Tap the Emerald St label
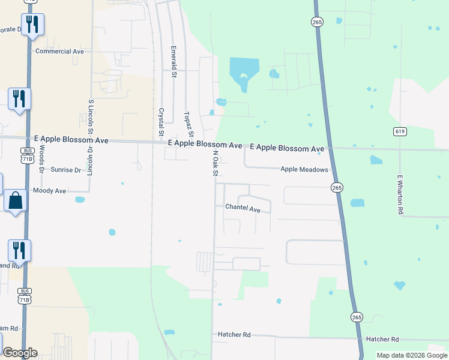(x=173, y=62)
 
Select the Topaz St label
(x=188, y=123)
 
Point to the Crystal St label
(x=161, y=122)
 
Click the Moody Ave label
(x=50, y=191)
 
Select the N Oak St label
(x=215, y=163)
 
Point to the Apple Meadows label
(x=304, y=170)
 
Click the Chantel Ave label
(x=243, y=209)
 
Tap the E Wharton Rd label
(x=399, y=194)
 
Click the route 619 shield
(x=400, y=131)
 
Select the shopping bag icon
(x=16, y=200)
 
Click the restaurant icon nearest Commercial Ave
(x=32, y=25)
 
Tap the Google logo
(x=19, y=353)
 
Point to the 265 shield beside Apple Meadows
(x=337, y=188)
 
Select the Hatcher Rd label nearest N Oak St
(x=234, y=335)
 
